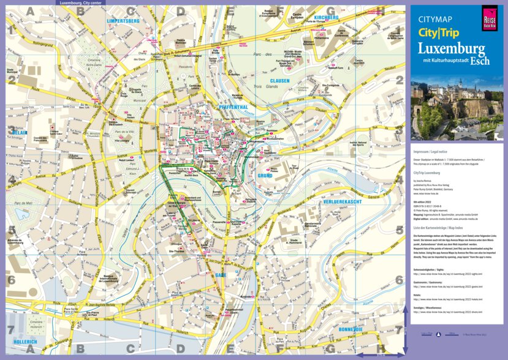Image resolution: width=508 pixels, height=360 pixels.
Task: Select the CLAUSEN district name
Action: [x=284, y=80]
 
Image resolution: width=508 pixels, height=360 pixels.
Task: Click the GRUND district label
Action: [x=265, y=176]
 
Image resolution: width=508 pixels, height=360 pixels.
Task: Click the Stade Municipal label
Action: [x=12, y=71]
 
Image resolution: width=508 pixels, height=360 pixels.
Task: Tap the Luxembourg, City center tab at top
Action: [x=81, y=2]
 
